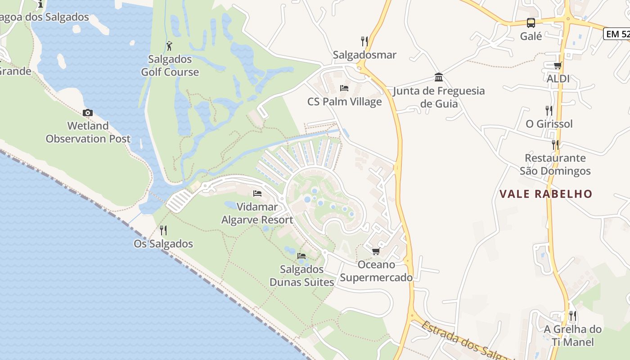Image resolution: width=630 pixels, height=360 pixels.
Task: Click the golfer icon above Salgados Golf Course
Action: point(169,45)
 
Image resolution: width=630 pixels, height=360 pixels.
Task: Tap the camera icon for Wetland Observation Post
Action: point(88,112)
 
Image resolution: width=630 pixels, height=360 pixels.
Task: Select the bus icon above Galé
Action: point(531,22)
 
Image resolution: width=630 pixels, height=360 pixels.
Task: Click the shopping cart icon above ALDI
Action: point(558,65)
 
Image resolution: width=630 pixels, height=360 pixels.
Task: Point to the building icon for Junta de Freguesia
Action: point(439,77)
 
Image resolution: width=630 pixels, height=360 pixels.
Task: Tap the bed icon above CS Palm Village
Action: point(344,88)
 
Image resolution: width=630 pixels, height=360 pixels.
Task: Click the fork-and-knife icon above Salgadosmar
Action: point(364,41)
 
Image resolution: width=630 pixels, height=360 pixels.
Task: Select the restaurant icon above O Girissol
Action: point(549,110)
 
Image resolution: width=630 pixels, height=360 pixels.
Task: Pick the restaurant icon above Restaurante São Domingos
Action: point(555,144)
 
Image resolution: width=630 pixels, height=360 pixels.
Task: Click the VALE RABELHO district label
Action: point(545,194)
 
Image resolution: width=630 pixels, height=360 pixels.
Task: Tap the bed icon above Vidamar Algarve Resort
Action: point(257,193)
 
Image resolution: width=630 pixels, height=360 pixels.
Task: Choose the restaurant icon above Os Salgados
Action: point(163,230)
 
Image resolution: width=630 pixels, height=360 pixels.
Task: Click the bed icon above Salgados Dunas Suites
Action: point(301,256)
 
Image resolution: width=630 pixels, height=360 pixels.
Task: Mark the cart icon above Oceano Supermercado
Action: point(376,251)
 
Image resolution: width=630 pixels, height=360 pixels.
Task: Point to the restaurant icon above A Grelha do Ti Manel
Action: point(572,315)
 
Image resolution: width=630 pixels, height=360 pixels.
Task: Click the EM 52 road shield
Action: point(617,34)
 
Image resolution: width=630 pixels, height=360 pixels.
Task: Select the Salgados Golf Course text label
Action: point(170,66)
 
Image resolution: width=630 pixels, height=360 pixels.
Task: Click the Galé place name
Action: point(531,36)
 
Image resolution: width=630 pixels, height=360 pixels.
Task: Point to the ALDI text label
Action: point(558,79)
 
